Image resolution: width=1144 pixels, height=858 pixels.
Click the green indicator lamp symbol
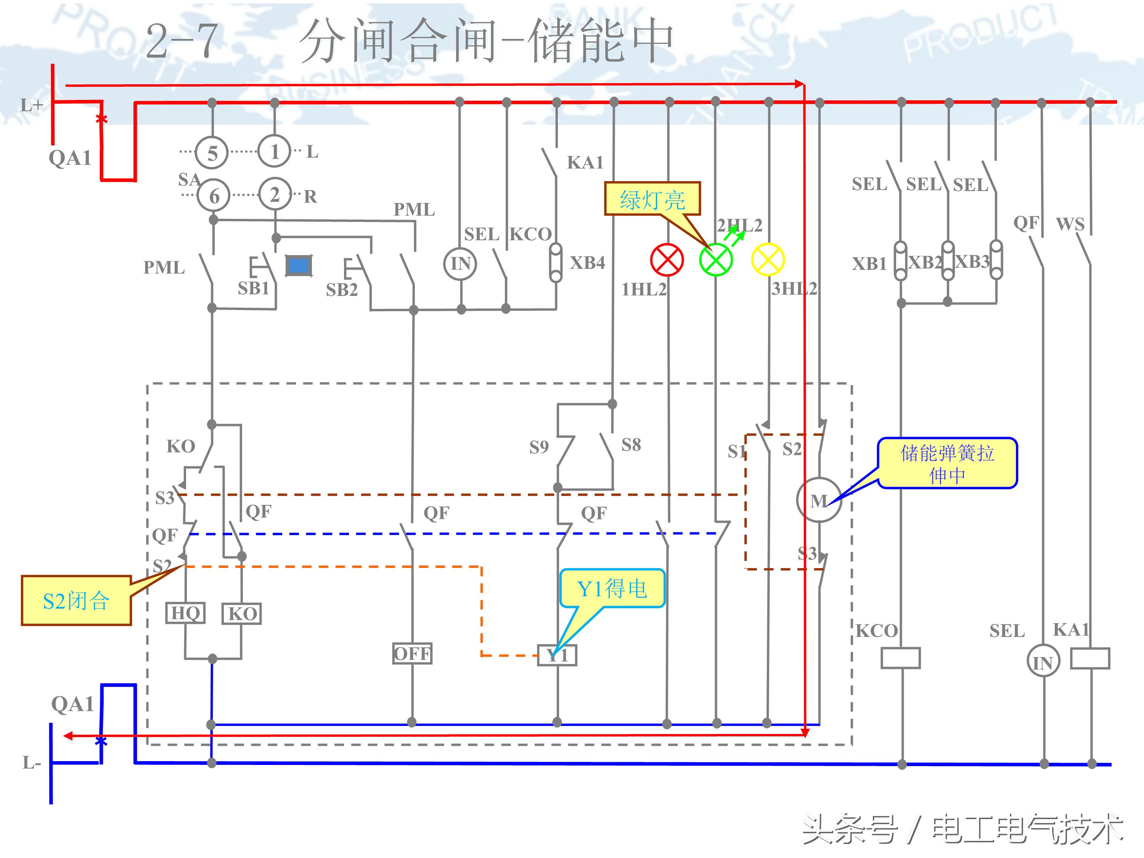(x=715, y=260)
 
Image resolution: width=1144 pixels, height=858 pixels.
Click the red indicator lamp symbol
(x=667, y=260)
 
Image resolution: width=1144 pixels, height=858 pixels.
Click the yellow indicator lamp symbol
(x=768, y=260)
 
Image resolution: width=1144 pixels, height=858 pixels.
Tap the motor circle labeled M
(x=819, y=500)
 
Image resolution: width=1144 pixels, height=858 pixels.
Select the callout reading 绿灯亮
(x=652, y=199)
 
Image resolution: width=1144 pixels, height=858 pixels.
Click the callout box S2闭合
(x=76, y=601)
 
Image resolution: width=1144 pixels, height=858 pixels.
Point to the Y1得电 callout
(x=612, y=588)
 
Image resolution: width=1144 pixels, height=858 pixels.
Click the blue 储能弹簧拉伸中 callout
(x=947, y=463)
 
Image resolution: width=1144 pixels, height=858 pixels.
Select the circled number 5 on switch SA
(x=212, y=153)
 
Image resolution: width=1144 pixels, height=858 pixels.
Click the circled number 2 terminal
(x=275, y=195)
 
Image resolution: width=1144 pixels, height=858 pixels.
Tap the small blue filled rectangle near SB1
(x=299, y=266)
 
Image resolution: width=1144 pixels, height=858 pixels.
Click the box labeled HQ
(x=185, y=613)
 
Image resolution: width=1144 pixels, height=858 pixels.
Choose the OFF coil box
(x=412, y=654)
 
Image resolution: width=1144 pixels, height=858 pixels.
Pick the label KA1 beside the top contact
(x=585, y=162)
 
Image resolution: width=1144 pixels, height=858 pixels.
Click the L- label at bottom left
(x=31, y=762)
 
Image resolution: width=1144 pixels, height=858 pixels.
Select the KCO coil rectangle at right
(x=900, y=658)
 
